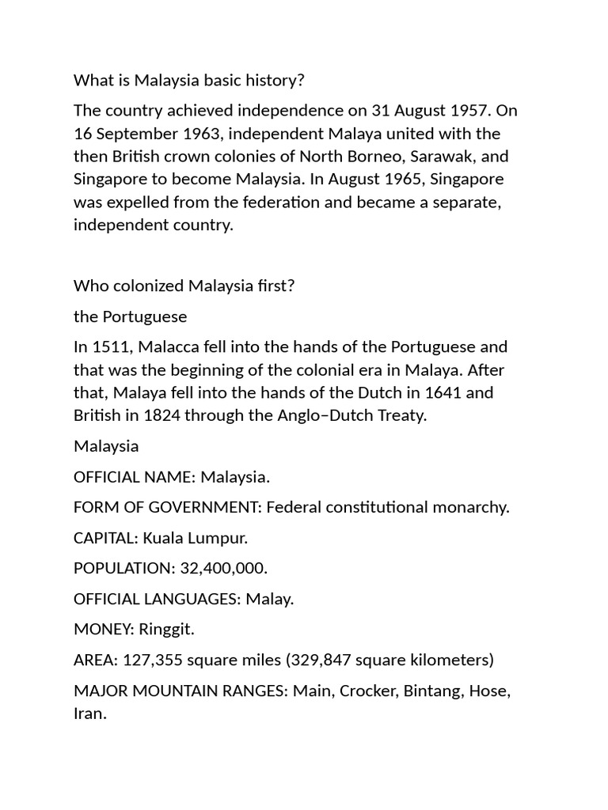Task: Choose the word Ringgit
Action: click(x=166, y=630)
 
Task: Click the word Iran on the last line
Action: click(x=89, y=713)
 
